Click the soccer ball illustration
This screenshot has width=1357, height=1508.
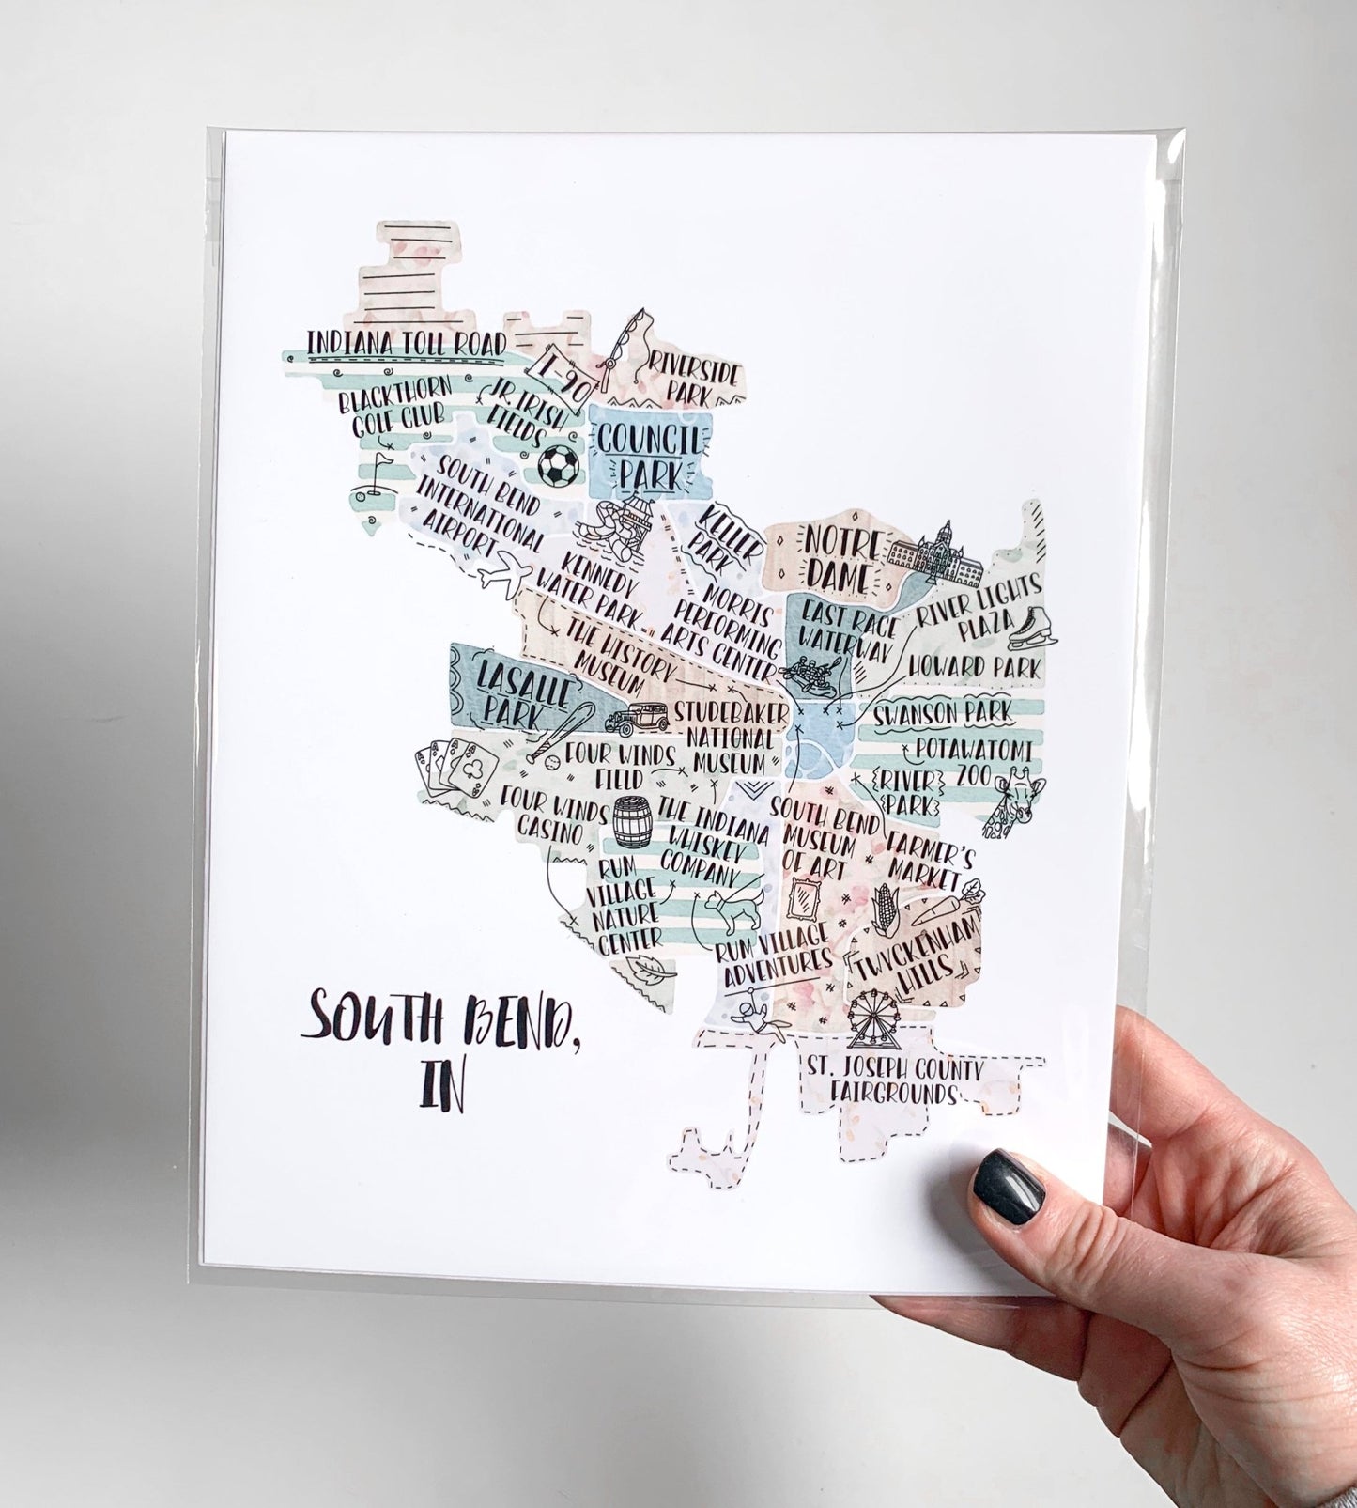[560, 463]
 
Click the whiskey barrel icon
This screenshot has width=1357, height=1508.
[630, 823]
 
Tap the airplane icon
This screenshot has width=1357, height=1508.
[502, 571]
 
